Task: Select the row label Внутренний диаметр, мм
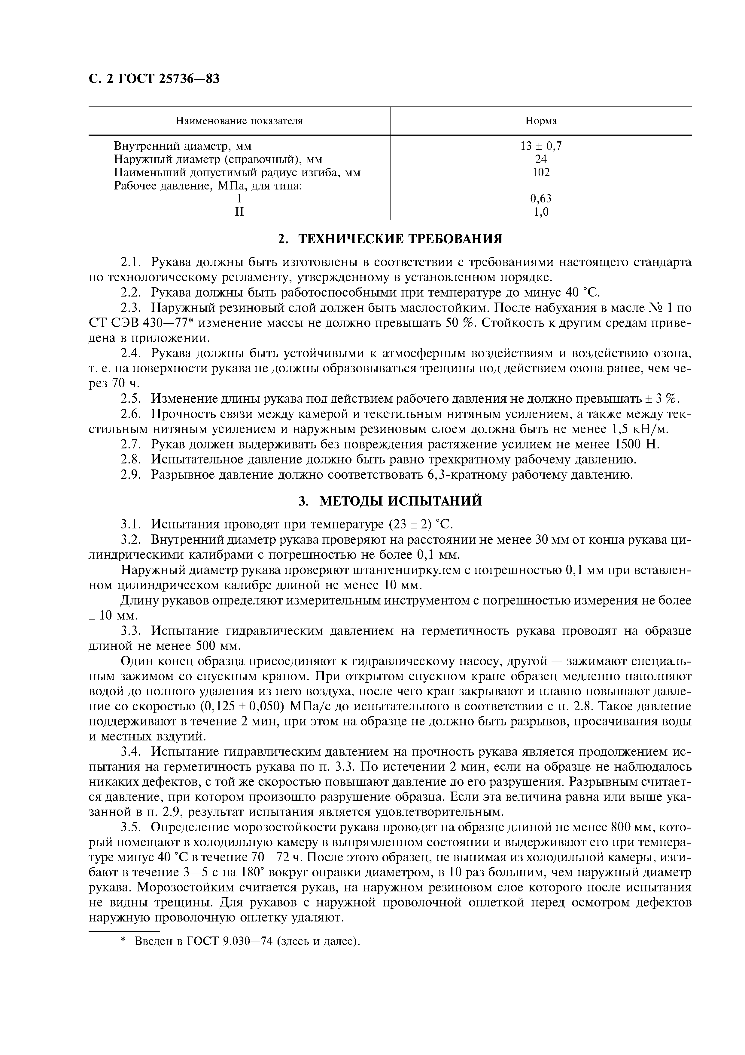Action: click(x=183, y=146)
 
